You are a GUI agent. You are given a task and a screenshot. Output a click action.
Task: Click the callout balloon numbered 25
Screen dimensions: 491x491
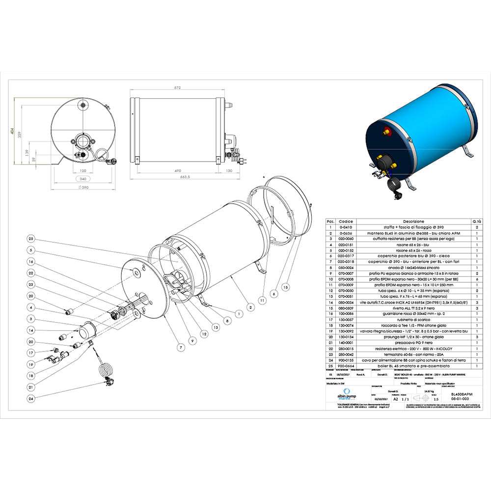(x=31, y=239)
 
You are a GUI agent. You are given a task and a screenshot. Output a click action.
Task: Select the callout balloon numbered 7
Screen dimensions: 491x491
(x=180, y=348)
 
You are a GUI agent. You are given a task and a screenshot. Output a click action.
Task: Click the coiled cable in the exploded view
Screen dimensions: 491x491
(x=104, y=371)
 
